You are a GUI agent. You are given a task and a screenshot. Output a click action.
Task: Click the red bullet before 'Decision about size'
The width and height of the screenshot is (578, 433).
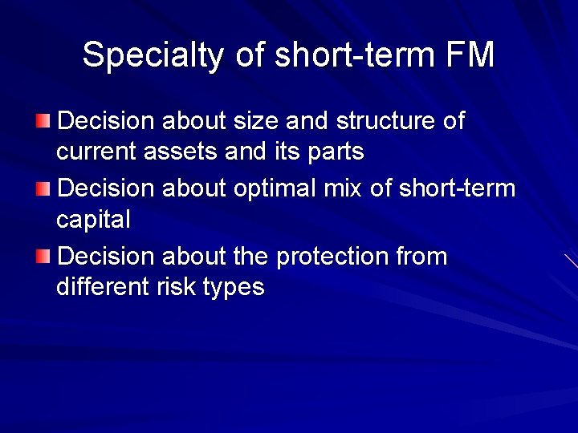tap(43, 121)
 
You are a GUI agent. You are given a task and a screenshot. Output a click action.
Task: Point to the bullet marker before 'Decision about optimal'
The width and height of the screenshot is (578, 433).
tap(43, 188)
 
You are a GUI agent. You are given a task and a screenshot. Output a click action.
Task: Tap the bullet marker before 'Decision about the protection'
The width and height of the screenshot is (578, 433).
tap(43, 257)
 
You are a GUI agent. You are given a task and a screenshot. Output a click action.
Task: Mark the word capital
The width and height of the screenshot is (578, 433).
tap(93, 220)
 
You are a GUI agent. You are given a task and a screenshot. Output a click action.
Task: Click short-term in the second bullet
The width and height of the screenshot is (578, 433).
tap(457, 189)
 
